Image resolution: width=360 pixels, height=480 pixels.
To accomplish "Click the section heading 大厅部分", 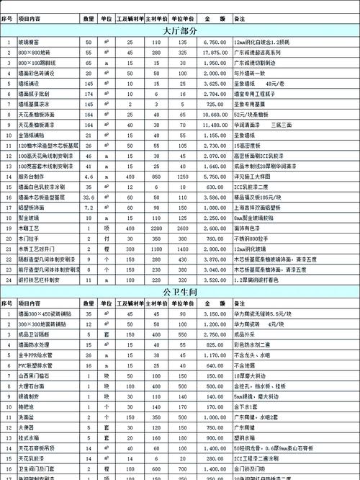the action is click(180, 31).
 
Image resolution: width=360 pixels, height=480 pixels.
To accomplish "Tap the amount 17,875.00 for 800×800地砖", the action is click(215, 53).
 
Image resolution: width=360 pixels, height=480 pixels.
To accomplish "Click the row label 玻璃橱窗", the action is click(30, 43).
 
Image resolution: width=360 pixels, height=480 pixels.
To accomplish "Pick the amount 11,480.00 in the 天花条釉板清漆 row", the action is click(215, 125).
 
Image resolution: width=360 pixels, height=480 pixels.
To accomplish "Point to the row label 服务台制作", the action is click(32, 177).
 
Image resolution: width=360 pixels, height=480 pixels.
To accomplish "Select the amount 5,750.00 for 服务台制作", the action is click(215, 177).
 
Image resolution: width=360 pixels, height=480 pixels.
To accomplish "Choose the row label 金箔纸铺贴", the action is click(32, 135).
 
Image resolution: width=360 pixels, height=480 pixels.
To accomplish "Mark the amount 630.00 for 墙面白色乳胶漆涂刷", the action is click(215, 187).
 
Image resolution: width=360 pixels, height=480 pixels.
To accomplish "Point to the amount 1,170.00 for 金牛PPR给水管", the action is click(215, 355).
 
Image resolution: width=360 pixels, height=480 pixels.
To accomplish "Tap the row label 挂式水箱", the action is click(30, 437).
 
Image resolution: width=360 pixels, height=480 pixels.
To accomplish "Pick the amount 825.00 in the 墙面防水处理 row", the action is click(215, 345).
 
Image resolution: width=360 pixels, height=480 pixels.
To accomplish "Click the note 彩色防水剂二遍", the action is click(252, 345).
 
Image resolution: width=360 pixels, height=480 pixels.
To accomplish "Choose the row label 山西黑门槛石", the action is click(32, 375).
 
